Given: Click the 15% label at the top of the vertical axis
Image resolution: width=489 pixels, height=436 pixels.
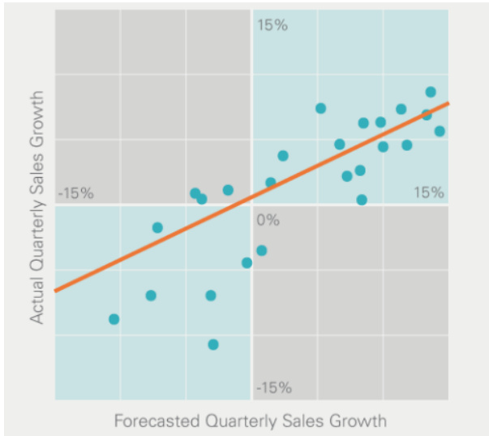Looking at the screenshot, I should point(272,25).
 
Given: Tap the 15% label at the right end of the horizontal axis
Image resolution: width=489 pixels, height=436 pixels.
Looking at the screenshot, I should point(428,192).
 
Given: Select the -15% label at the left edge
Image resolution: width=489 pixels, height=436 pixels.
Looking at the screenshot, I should point(76,194).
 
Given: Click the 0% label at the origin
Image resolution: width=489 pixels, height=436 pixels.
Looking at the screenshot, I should point(267,220).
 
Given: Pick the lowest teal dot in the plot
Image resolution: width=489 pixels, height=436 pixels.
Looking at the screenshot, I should point(213,344).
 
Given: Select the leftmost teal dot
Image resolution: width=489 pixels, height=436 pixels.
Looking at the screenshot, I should point(114,319).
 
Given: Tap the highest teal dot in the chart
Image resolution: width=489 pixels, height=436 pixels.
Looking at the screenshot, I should point(431,92).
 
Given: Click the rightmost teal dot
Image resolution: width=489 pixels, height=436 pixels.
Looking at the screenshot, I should point(440,131).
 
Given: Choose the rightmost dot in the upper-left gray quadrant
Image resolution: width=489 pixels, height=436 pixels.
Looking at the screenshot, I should point(228,190).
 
